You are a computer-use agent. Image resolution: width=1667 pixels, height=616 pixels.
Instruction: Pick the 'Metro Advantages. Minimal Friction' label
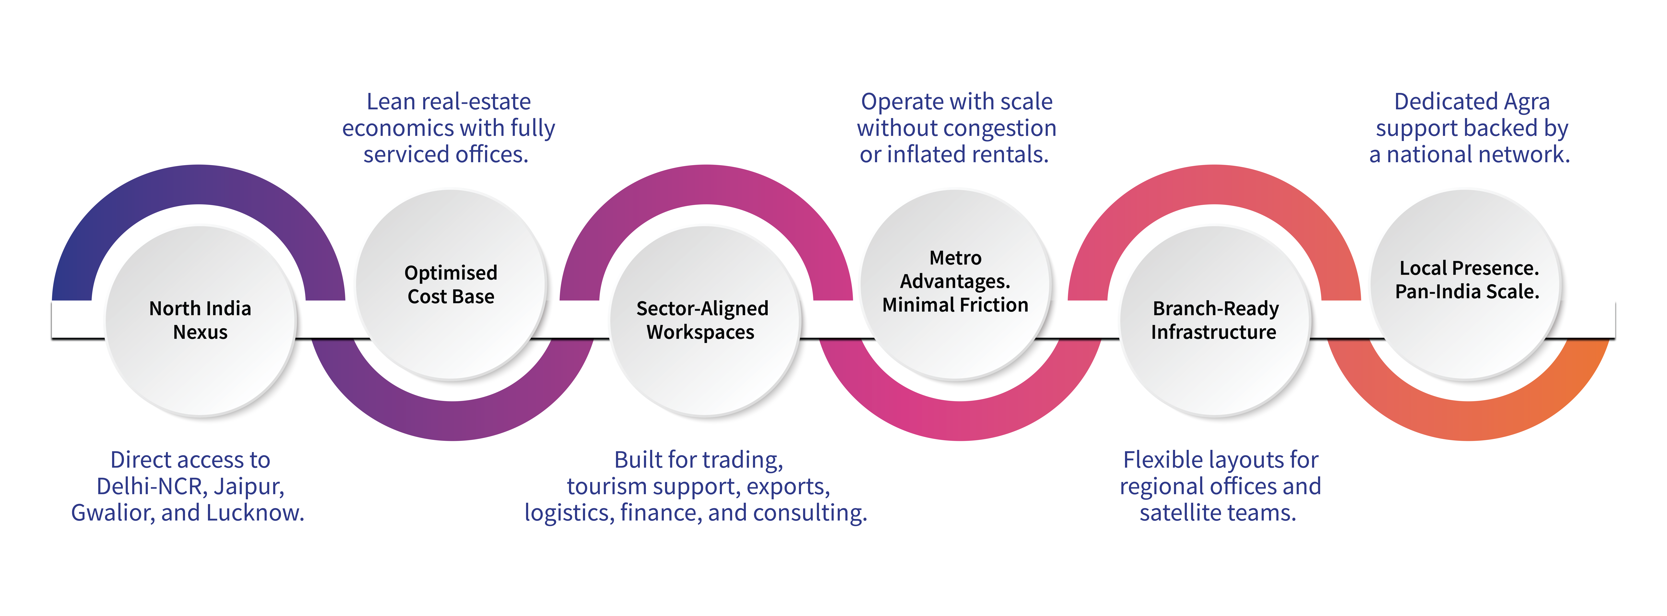[x=955, y=281]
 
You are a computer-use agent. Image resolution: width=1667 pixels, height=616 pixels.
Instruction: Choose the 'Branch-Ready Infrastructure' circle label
[x=1215, y=320]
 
